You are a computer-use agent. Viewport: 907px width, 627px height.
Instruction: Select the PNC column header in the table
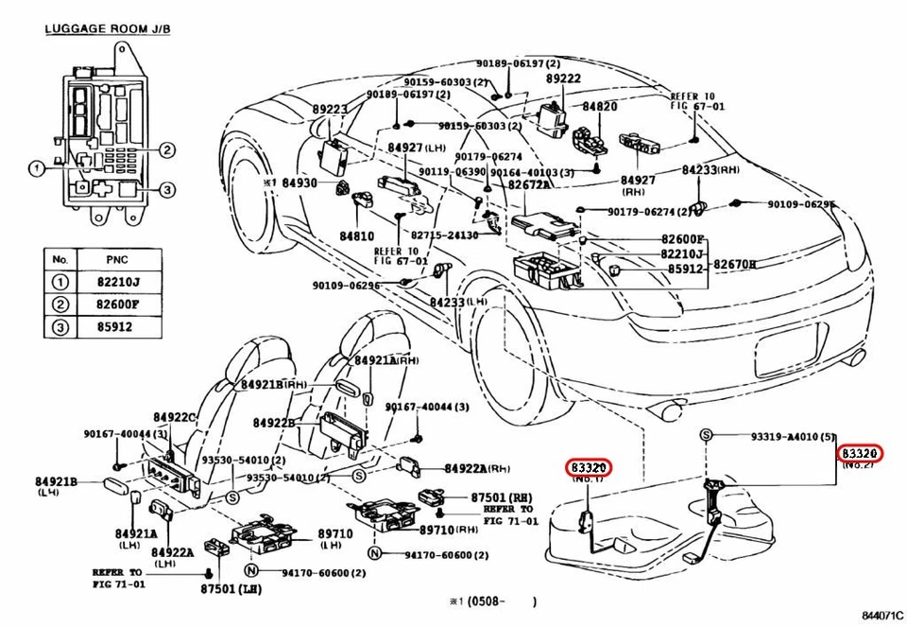(x=120, y=258)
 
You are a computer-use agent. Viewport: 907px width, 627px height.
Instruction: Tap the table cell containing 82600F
(x=120, y=305)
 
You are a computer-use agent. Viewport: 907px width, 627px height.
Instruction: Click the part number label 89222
(x=563, y=79)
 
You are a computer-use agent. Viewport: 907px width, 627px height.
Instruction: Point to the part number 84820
(x=600, y=107)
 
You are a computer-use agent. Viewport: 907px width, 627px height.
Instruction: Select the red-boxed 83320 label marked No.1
(x=590, y=466)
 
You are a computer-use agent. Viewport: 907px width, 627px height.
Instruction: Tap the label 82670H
(x=734, y=264)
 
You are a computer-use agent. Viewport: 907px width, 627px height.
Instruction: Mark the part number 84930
(x=300, y=182)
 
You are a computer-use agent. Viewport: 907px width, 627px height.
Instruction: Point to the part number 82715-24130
(x=444, y=235)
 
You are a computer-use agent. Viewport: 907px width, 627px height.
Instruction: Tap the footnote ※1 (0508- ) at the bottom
(x=491, y=601)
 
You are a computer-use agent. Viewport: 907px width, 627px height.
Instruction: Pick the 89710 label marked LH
(x=334, y=534)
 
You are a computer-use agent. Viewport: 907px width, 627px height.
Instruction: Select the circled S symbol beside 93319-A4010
(x=705, y=435)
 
